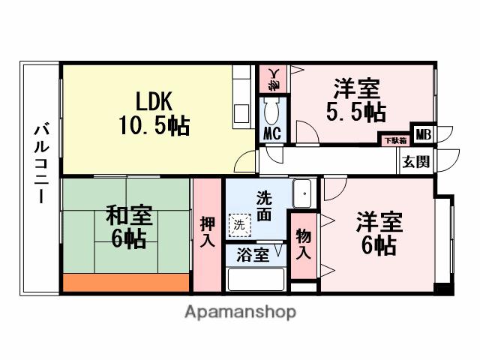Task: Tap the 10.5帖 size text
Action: [x=153, y=124]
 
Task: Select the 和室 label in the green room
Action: [x=128, y=216]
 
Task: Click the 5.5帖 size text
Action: [x=355, y=112]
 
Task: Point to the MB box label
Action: [x=423, y=136]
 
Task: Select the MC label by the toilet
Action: [x=271, y=135]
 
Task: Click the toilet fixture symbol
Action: [x=271, y=110]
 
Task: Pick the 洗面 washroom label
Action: [x=263, y=205]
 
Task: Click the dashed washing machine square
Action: [x=238, y=224]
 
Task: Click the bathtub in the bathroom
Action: [x=255, y=278]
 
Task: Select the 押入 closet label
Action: [x=208, y=232]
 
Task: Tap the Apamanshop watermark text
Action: [x=240, y=311]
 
